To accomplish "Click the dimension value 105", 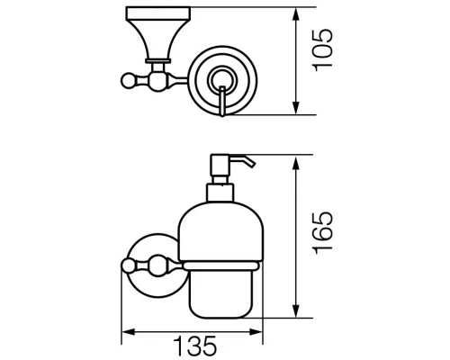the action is pos(322,50).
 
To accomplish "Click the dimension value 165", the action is pos(322,233).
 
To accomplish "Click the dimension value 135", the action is pos(195,346).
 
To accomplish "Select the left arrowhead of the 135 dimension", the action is pos(129,332).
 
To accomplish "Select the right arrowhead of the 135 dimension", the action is pos(256,332).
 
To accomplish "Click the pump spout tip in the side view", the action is pos(252,165).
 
